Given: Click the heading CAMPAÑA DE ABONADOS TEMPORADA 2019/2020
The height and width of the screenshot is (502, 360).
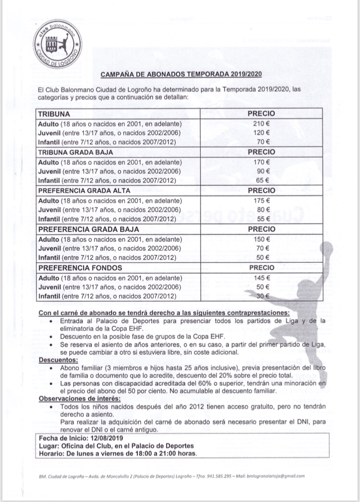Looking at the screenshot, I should click(181, 74).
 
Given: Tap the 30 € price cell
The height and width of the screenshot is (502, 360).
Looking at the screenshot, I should click(262, 296).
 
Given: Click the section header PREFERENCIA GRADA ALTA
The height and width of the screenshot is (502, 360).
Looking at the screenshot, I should click(79, 191).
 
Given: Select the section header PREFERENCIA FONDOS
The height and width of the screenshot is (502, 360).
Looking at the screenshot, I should click(73, 268).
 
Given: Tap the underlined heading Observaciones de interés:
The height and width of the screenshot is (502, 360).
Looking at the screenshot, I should click(79, 399).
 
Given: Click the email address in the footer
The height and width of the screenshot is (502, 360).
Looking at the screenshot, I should click(276, 476).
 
